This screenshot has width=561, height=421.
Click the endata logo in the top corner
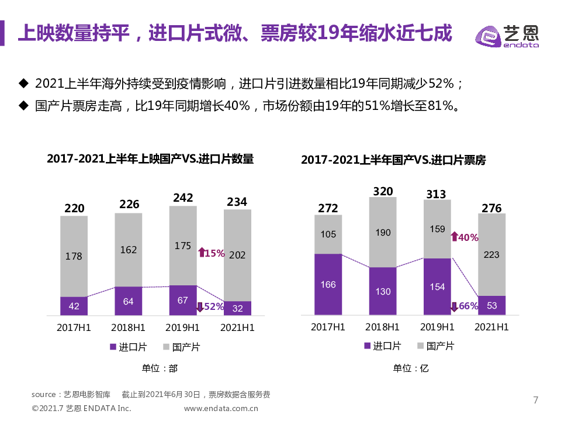[507, 36]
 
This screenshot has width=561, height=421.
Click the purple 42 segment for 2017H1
[74, 306]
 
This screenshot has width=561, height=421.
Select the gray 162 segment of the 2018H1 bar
[129, 250]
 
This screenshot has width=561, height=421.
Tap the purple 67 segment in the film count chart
[183, 301]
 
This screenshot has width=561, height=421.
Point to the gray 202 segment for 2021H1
[237, 255]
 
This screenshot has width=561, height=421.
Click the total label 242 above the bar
[183, 198]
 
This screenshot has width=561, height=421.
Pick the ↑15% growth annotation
[211, 253]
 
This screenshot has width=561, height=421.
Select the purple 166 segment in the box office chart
[328, 285]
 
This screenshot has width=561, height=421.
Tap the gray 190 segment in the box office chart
[383, 232]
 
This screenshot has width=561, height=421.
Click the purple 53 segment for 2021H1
[492, 305]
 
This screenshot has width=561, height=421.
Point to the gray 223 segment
[492, 254]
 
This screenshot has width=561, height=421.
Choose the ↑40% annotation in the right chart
[465, 237]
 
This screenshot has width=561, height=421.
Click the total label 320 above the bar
[383, 191]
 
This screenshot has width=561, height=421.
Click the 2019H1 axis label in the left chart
[183, 327]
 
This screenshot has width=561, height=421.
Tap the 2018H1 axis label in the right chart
[383, 326]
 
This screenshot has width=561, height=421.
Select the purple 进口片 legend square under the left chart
[113, 347]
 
